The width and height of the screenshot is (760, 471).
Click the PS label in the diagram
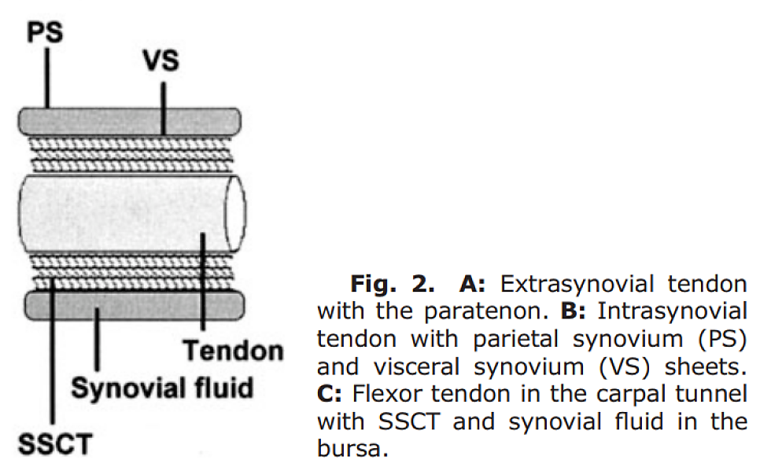click(45, 32)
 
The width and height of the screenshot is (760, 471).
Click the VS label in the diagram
click(161, 61)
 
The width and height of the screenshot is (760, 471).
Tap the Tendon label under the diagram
click(233, 351)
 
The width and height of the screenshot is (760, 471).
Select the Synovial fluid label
click(162, 388)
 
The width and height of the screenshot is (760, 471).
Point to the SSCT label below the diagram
click(55, 444)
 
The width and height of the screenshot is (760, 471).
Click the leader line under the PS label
click(47, 78)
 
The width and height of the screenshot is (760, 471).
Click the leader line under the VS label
click(164, 108)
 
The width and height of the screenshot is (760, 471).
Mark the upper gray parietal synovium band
click(129, 121)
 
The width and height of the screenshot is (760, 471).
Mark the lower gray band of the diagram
click(135, 305)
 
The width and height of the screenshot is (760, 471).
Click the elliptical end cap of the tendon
click(235, 213)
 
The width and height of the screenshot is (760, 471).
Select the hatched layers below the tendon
click(131, 272)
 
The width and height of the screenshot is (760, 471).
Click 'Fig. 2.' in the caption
click(393, 284)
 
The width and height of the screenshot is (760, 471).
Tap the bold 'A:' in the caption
click(472, 284)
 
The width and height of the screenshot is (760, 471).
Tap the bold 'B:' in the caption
click(573, 311)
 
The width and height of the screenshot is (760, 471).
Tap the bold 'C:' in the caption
click(329, 394)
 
